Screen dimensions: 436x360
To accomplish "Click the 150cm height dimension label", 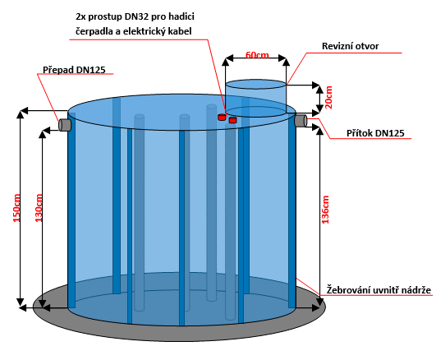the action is point(16,208).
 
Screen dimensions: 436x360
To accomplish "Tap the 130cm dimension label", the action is point(39,208).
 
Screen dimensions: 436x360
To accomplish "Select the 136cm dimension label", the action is point(325,210).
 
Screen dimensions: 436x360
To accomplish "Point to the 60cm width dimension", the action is point(257,55).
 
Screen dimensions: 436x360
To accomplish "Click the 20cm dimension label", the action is point(328,98).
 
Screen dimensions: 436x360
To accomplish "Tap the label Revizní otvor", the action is point(350,46).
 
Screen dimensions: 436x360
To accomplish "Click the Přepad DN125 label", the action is point(74,70).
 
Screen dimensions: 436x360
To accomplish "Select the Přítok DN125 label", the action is point(375,133).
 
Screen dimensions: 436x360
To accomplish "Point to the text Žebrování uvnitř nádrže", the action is point(379,290).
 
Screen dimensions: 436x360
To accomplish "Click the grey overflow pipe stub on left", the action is point(65,125).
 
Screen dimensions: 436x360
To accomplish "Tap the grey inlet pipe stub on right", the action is point(301,120).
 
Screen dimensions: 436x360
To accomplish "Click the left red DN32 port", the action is point(222,117).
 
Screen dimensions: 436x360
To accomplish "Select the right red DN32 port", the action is point(232,120).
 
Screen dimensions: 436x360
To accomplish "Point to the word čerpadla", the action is point(94,31).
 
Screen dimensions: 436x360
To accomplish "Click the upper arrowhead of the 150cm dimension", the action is point(20,114).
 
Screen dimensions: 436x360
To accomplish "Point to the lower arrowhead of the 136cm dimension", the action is point(319,302).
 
